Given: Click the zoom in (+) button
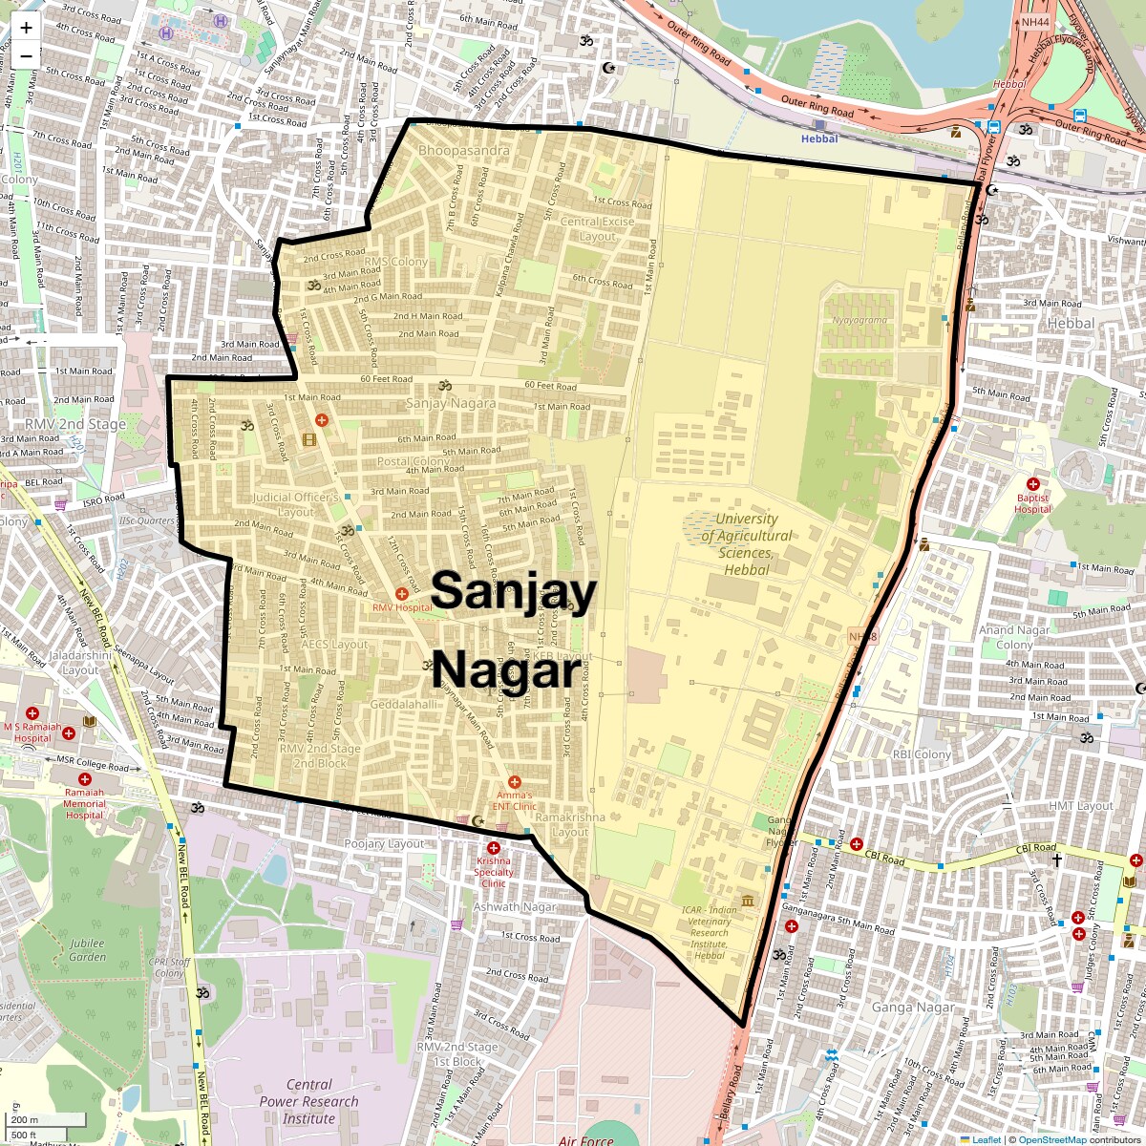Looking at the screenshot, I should pos(26,28).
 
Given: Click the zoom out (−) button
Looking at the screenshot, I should pos(26,55).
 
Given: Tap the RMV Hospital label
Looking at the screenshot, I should pos(402,607).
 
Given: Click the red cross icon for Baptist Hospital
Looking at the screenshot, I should pos(1032,485).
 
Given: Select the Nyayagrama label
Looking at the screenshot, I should pos(859,321).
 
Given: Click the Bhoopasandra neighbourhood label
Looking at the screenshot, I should pos(464,151).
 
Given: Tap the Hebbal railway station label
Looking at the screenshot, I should pos(819,138).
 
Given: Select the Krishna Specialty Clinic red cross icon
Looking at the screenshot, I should pos(494,848).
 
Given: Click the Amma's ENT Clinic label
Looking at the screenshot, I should pos(514,800).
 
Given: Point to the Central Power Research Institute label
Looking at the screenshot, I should pos(309,1101).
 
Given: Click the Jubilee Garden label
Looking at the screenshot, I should pos(87,950).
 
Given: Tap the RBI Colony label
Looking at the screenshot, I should pos(922,754).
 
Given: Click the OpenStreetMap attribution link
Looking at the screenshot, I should pos(1051,1139).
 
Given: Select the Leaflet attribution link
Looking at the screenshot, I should pos(987,1139).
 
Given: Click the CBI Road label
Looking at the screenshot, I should pos(1036,848).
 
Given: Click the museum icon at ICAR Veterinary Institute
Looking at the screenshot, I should pos(747,902).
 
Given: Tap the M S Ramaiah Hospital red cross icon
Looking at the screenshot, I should pos(32,713).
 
